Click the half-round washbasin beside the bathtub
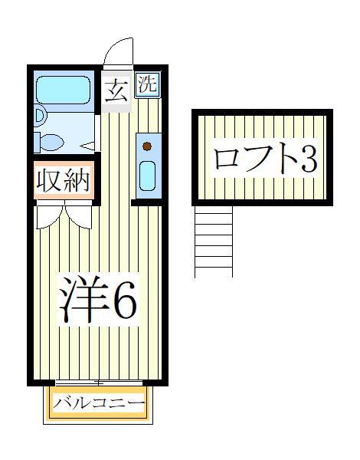point(40,117)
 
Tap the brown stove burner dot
point(147,146)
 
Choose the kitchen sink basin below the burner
point(147,176)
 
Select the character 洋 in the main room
point(84,299)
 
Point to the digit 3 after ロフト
point(307,159)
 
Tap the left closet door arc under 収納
point(47,216)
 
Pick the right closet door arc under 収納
point(81,216)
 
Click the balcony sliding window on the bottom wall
point(98,382)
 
